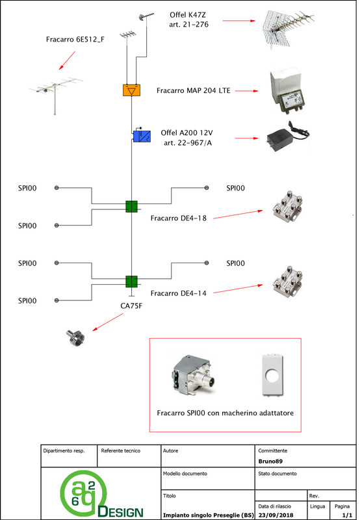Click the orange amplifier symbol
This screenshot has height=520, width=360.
[x=131, y=90]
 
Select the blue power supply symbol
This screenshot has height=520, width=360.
[x=142, y=136]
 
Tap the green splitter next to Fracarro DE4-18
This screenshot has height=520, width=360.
[x=132, y=206]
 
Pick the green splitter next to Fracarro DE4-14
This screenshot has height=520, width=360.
[x=132, y=281]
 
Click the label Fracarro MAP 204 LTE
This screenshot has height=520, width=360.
[x=193, y=90]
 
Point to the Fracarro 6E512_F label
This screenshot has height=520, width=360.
[x=75, y=40]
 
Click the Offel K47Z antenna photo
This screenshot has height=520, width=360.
[x=287, y=29]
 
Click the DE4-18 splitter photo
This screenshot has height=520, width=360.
[x=287, y=207]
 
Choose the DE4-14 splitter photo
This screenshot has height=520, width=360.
[x=287, y=282]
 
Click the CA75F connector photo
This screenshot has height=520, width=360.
[x=75, y=338]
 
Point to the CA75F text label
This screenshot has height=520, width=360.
[x=131, y=305]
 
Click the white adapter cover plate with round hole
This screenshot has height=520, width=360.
[x=273, y=375]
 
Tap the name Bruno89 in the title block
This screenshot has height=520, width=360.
[x=270, y=461]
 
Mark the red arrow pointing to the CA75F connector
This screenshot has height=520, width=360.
[x=108, y=322]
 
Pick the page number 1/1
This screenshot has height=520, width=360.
[x=347, y=515]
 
